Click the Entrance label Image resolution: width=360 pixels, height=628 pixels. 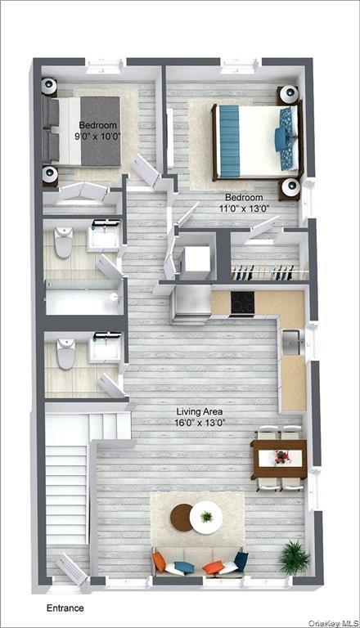(65, 608)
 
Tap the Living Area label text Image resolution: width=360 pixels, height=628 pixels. (200, 412)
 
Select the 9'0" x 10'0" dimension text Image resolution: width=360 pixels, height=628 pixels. (98, 137)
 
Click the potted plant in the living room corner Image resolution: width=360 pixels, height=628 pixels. (293, 557)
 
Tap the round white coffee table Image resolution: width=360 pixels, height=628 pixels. (206, 517)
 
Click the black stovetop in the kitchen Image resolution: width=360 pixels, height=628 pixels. (243, 303)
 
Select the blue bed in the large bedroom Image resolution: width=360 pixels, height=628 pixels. (254, 140)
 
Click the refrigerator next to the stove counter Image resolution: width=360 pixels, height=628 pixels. (191, 304)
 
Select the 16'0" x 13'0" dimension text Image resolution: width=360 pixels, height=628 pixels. (200, 424)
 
